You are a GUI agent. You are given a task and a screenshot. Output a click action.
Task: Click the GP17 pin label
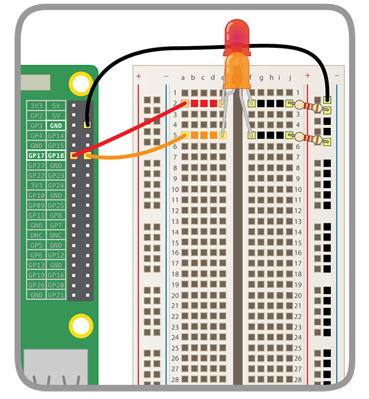[36, 155]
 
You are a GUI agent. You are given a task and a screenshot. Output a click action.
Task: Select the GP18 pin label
[56, 155]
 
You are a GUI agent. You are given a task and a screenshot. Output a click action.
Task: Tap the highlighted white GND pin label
[56, 126]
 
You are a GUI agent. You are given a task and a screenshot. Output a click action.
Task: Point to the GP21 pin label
[56, 295]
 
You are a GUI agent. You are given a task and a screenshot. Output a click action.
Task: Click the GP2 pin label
[36, 115]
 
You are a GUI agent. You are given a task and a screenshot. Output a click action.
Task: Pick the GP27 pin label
[36, 165]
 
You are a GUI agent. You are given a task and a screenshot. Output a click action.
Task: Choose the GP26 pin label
[36, 285]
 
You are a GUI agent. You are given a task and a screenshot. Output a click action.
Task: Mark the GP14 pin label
[56, 136]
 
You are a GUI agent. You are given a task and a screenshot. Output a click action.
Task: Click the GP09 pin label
[36, 205]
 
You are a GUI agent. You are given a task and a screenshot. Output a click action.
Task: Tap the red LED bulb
[237, 35]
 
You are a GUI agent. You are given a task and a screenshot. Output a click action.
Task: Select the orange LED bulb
[237, 71]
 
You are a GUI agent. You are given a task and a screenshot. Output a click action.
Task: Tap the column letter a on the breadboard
[183, 78]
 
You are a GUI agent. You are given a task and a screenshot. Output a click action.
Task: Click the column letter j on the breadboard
[290, 78]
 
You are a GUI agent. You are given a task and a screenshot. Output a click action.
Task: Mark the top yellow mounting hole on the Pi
[80, 84]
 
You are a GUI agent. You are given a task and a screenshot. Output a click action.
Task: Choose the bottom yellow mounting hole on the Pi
[80, 326]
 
